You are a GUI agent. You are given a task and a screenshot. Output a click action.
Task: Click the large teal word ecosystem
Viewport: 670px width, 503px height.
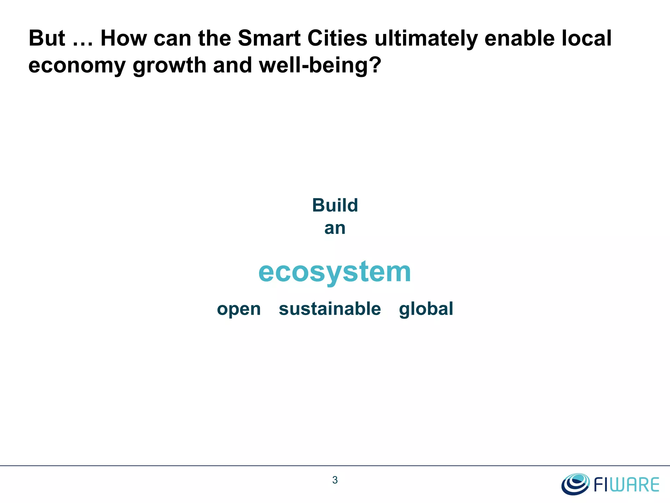[x=335, y=272]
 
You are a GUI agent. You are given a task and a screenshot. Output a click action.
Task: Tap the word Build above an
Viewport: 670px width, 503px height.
[x=335, y=205]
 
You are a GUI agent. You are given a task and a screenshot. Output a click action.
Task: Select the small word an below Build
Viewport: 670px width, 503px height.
[x=335, y=228]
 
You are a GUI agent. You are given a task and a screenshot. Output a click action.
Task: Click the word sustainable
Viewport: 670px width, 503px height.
[x=330, y=309]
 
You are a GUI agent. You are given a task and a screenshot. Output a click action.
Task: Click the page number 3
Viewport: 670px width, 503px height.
[x=335, y=480]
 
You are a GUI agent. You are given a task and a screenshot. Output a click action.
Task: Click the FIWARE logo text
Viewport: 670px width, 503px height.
[x=626, y=485]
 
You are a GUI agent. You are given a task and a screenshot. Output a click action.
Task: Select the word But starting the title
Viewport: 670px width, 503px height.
[x=47, y=38]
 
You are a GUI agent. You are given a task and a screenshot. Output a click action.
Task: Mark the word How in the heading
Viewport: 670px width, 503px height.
[x=124, y=38]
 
